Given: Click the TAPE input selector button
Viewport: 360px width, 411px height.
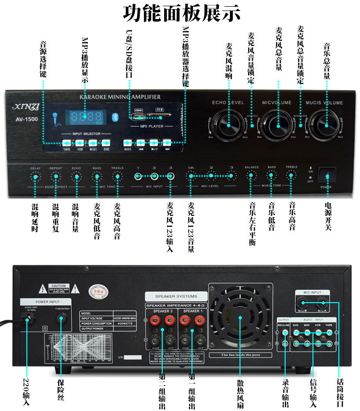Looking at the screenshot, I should coord(67,142).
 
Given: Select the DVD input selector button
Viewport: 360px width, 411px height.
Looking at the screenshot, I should coord(107,142).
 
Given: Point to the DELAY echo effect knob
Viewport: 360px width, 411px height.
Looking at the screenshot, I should coord(35,176).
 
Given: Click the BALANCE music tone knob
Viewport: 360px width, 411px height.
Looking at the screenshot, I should coord(251,176).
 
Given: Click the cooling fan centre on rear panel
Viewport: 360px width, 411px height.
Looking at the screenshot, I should coord(239,316).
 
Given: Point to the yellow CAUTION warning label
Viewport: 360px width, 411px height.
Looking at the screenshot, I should coord(59,287).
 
